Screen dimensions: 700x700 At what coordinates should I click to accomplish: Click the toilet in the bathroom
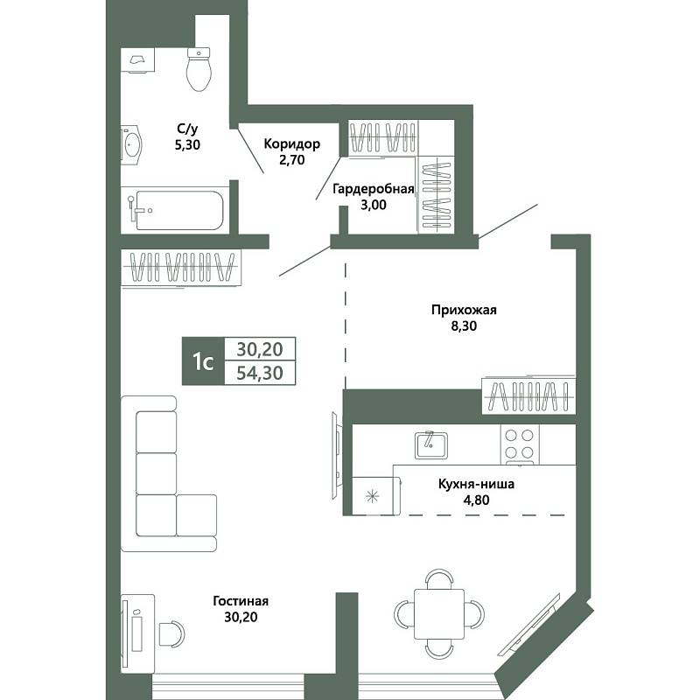tap(199, 69)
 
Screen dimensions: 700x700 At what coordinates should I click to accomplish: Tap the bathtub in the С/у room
tap(179, 210)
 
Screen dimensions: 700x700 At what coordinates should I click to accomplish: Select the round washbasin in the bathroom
tap(132, 144)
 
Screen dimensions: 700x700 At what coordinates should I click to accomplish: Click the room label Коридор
tap(292, 143)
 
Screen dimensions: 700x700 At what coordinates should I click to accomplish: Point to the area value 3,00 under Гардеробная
tap(374, 205)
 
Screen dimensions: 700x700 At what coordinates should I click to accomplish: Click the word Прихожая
tap(464, 310)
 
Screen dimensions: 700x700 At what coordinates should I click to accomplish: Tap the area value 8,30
tap(464, 325)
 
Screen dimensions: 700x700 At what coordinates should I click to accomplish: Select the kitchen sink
tap(431, 445)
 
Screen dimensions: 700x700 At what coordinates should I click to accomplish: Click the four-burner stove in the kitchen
tap(520, 444)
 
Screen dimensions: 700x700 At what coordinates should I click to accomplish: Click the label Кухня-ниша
tap(476, 484)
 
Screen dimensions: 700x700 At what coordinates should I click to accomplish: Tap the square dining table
tap(439, 614)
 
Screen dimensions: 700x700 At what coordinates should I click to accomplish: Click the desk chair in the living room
tap(171, 633)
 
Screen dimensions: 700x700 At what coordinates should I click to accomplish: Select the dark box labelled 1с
tap(203, 361)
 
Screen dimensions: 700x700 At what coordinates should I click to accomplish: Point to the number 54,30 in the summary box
tap(260, 373)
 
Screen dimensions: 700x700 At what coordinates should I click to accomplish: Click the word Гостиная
tap(241, 601)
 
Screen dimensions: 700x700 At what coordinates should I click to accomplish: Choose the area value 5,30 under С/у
tap(187, 144)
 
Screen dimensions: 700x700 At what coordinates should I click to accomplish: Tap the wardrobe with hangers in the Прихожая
tap(529, 396)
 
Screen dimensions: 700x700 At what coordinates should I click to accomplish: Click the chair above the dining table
tap(439, 578)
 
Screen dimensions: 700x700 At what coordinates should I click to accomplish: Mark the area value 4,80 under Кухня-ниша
tap(476, 500)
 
